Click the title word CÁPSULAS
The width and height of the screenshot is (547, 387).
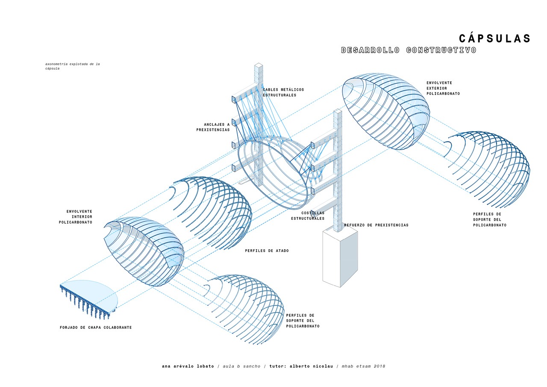coord(494,38)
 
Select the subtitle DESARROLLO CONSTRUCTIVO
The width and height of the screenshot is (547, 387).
coord(409,50)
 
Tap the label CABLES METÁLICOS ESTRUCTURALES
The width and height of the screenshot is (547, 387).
coord(283,92)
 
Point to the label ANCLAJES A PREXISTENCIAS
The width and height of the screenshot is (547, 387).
coord(213,127)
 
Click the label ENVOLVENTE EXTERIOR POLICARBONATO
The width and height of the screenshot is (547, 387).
coord(443,88)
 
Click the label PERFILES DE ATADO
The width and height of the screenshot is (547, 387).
coord(267,251)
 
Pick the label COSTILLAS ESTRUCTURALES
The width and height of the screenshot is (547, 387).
coord(308,216)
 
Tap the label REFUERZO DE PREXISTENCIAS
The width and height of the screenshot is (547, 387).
coord(376,225)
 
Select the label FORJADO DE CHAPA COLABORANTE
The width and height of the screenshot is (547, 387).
coord(96,328)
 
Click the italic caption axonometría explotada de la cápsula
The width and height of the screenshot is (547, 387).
coord(72,66)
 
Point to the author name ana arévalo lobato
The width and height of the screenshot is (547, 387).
coord(188,366)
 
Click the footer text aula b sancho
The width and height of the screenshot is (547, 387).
coord(241,366)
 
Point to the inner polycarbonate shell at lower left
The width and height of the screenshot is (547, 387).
coord(145,252)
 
